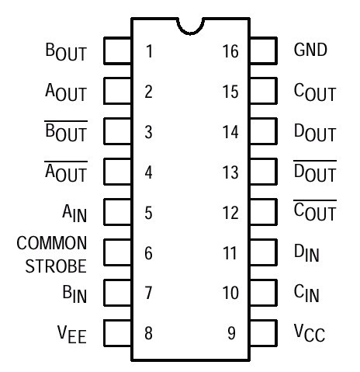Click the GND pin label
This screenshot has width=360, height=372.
pos(310,50)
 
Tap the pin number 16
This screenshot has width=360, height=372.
pos(230,51)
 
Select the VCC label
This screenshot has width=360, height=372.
pos(310,333)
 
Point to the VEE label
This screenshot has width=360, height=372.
pos(71,335)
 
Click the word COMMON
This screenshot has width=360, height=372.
pos(52,243)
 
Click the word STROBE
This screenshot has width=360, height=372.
pos(56,266)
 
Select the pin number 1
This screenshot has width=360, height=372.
pos(149,51)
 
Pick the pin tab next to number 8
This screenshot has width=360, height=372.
pos(118,333)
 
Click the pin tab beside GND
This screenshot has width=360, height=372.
pos(264,50)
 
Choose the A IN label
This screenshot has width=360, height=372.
pos(74,214)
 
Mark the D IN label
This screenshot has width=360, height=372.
pos(306,253)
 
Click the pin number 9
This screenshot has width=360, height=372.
pos(231,333)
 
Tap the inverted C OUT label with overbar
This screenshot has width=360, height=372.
pos(315,210)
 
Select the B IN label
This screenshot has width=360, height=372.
pos(74,294)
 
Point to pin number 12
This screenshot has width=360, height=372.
pos(230,213)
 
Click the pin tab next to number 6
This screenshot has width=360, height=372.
pos(118,252)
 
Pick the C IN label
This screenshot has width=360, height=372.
pos(306,294)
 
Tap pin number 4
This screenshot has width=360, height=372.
pos(148,172)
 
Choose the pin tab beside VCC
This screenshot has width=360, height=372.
pos(264,333)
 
